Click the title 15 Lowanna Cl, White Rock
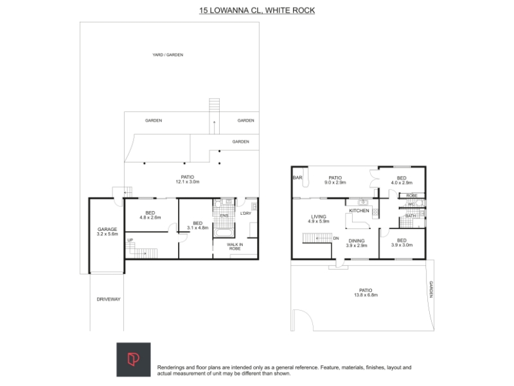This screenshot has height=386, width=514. coord(257,10)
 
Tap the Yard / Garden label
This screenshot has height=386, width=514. coord(168,55)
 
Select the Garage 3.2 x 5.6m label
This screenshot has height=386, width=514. coord(107,232)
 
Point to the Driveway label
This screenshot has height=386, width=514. coord(109,299)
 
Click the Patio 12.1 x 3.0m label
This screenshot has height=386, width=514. coord(188,179)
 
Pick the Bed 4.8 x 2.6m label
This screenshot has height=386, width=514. coord(150,215)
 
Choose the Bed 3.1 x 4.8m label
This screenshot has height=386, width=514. coord(198,225)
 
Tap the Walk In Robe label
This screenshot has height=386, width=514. coord(235,246)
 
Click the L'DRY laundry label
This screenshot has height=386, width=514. coord(245,214)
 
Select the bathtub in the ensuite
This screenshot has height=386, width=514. coord(224,233)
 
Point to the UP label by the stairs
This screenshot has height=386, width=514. coord(130,240)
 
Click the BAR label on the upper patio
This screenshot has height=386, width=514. coord(297,178)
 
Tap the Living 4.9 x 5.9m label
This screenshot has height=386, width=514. coord(319,219)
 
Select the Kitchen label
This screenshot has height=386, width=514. coord(359,210)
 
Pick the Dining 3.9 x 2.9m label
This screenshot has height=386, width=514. coord(357,243)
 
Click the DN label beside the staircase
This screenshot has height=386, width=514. coord(336,238)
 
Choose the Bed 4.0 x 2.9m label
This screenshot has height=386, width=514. coord(402,180)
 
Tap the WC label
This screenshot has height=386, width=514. coord(411,204)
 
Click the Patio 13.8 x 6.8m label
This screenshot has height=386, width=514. coord(366,293)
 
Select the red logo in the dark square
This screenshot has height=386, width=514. coord(134,360)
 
